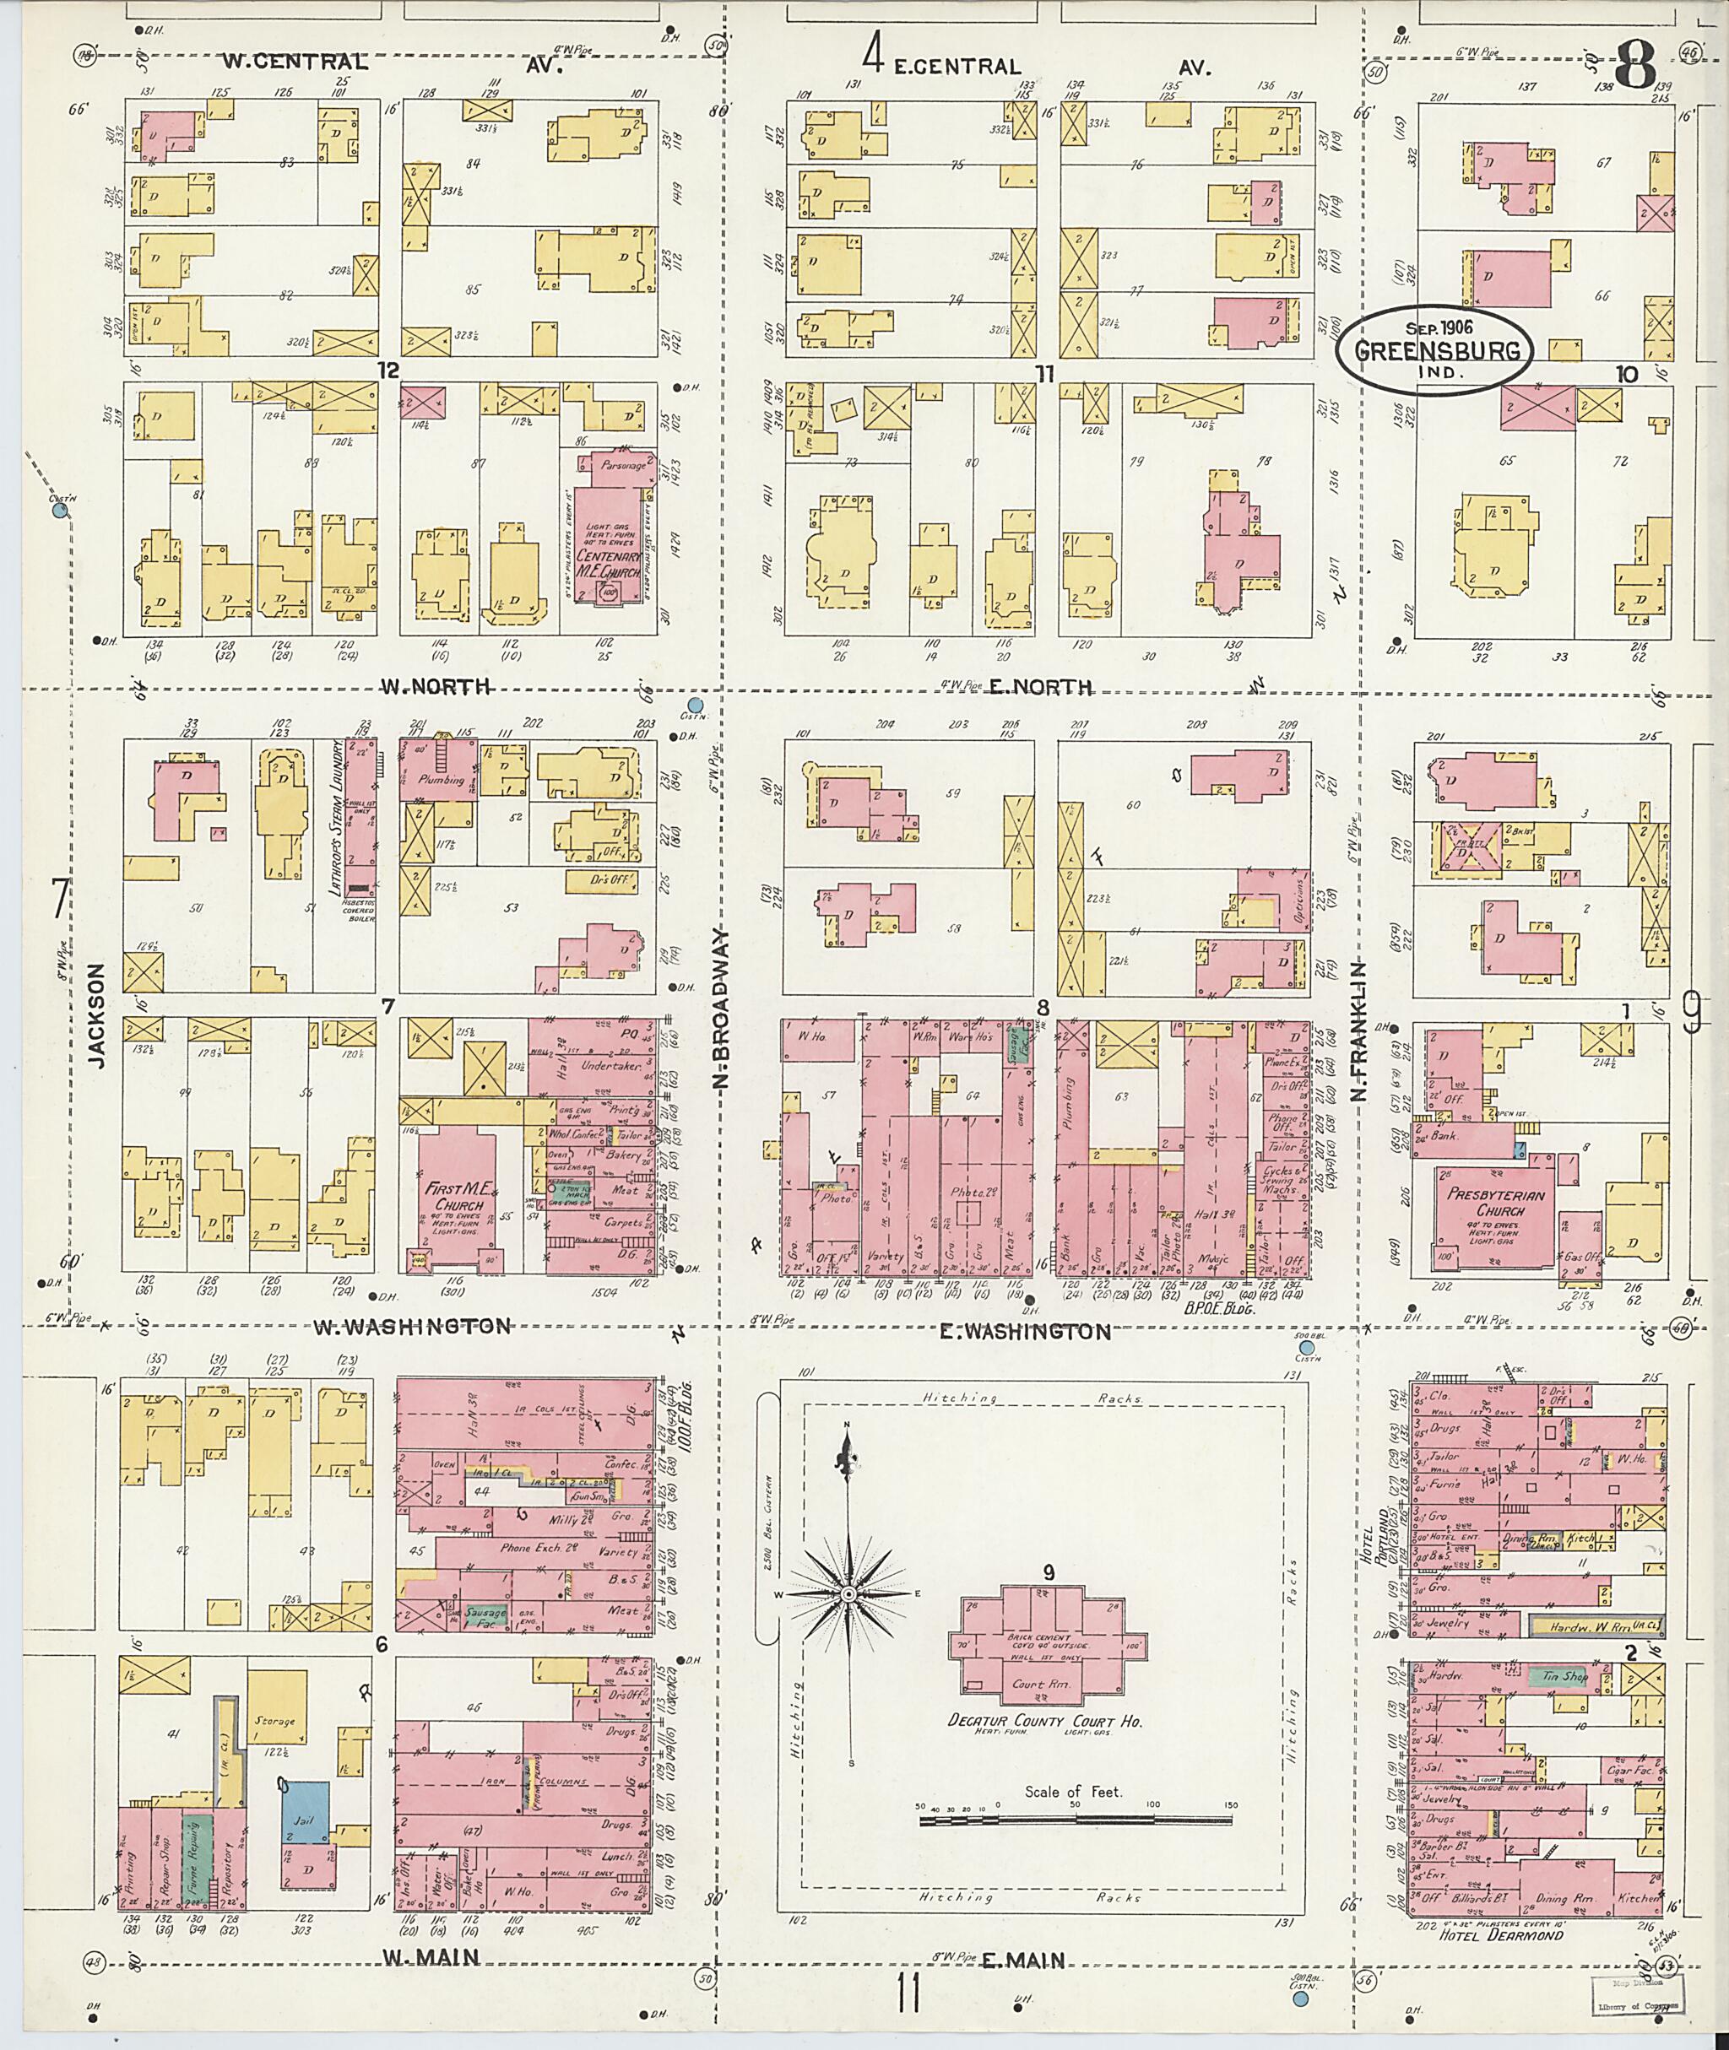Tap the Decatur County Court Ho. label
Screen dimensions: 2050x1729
1047,1721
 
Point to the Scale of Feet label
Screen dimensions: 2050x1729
1073,1791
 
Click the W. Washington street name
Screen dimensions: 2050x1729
412,1327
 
